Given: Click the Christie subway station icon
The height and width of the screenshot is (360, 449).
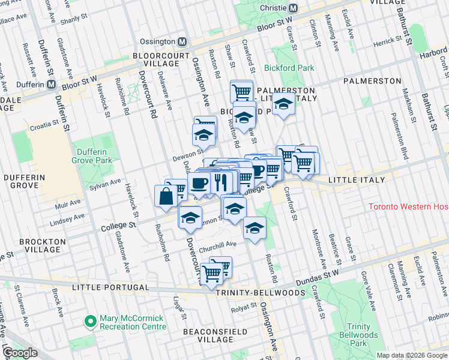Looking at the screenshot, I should [294, 8].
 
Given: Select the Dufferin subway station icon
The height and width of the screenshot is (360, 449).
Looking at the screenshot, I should [52, 85].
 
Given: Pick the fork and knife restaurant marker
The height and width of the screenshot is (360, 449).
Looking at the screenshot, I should [221, 181].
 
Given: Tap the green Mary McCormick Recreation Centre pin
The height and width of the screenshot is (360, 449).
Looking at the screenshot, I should [91, 322].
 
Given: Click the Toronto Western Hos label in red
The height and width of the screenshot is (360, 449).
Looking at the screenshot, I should [408, 207].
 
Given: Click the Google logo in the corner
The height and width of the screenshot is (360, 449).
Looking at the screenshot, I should [20, 353].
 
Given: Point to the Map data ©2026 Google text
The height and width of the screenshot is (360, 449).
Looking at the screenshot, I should [412, 355].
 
